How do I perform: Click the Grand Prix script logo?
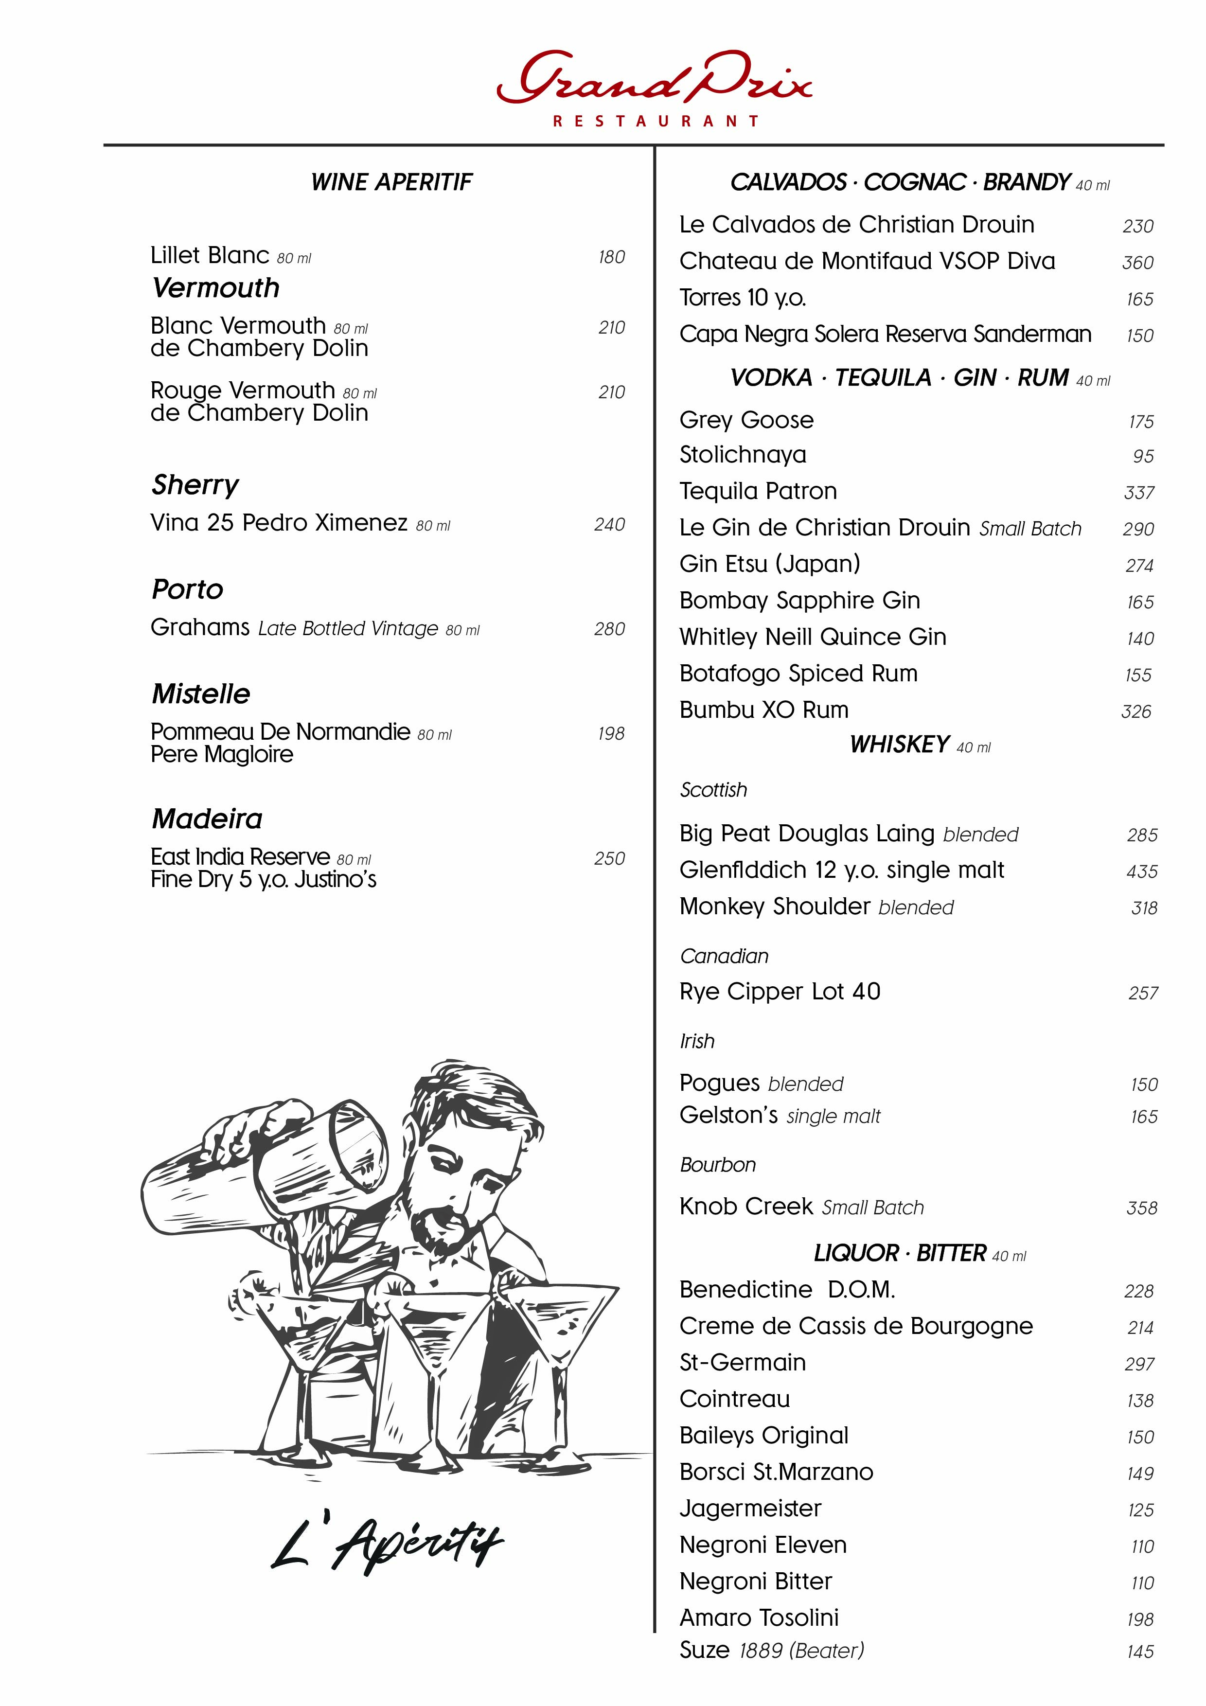654,78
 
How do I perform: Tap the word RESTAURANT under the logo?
656,121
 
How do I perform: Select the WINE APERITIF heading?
391,182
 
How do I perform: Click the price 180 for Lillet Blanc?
612,257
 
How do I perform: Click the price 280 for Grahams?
609,629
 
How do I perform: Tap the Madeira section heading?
207,819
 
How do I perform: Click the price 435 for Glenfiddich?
1141,871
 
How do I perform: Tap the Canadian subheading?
724,956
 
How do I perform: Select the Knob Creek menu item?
746,1206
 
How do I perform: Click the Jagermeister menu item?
750,1509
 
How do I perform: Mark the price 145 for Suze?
1140,1652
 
